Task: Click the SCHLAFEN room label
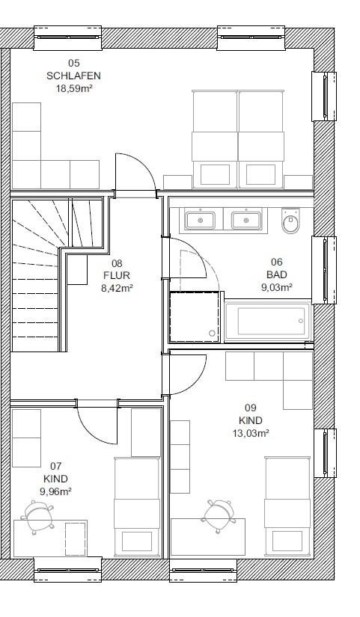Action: pyautogui.click(x=73, y=76)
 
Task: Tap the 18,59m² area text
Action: pyautogui.click(x=74, y=88)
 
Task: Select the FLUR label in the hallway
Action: pyautogui.click(x=117, y=275)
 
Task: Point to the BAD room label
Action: pyautogui.click(x=276, y=274)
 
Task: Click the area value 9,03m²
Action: pyautogui.click(x=276, y=287)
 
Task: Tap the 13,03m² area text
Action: pyautogui.click(x=251, y=433)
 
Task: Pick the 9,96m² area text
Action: pyautogui.click(x=55, y=491)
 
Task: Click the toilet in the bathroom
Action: pyautogui.click(x=291, y=221)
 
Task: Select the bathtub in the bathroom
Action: pyautogui.click(x=268, y=321)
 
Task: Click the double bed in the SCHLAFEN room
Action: pyautogui.click(x=238, y=140)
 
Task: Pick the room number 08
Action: pyautogui.click(x=117, y=263)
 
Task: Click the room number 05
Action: pyautogui.click(x=73, y=63)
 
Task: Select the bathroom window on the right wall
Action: pyautogui.click(x=324, y=270)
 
